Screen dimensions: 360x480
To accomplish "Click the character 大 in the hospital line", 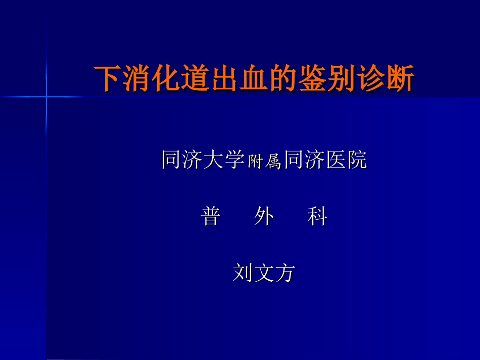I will (x=212, y=160).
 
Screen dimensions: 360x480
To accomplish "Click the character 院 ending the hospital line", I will (x=357, y=160).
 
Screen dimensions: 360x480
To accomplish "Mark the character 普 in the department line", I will (x=211, y=217).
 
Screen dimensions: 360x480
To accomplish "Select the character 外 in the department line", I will (x=264, y=217).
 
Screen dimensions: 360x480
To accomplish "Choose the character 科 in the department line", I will (x=317, y=217).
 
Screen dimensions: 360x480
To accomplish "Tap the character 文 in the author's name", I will (x=263, y=273).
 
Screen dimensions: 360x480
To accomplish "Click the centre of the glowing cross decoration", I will (x=46, y=96).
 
